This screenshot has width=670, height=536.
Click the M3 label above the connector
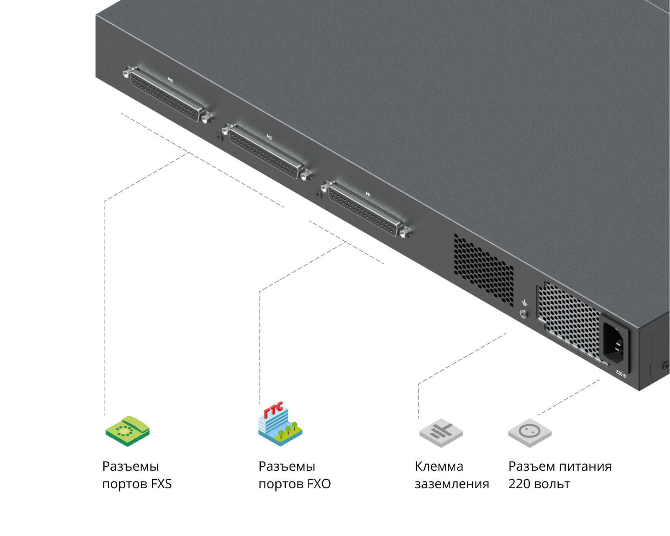click(x=170, y=80)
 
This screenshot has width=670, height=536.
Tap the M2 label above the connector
click(x=270, y=137)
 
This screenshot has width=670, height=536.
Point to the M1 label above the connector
click(x=368, y=194)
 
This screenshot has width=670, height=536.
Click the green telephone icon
click(x=128, y=430)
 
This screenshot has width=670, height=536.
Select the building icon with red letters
click(x=280, y=424)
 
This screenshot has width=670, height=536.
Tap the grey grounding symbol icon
click(x=441, y=433)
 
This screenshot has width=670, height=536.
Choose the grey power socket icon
click(x=530, y=433)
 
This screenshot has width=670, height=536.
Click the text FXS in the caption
click(x=161, y=484)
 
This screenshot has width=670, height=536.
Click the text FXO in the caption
click(x=319, y=484)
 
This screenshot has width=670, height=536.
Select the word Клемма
click(x=439, y=466)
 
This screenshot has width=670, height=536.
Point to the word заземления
click(x=452, y=484)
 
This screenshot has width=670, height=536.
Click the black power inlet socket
click(x=614, y=343)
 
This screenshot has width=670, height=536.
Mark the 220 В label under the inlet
click(x=621, y=374)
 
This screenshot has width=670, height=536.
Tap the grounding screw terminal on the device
click(x=524, y=314)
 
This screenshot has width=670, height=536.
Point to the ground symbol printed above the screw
click(x=525, y=303)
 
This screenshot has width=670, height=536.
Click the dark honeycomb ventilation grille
click(x=483, y=271)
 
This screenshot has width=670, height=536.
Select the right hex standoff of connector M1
click(x=406, y=232)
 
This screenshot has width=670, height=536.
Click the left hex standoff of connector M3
click(x=128, y=72)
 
